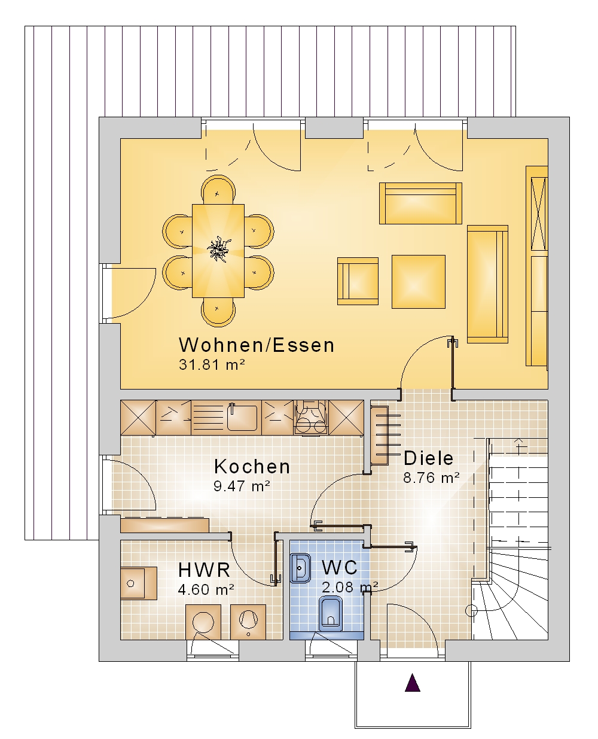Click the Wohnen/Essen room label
point(257,345)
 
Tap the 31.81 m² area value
point(212,364)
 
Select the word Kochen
point(252,467)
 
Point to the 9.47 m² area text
point(242,486)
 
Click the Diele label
point(429,458)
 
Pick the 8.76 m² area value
point(431,478)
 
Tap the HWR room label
point(204,570)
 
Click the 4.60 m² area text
point(206,589)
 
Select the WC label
point(340,568)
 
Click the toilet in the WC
point(330,614)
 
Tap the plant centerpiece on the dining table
point(218,249)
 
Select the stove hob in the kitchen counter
point(311,418)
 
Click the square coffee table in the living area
point(419,282)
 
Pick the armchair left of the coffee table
point(358,281)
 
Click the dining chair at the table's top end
point(218,190)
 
